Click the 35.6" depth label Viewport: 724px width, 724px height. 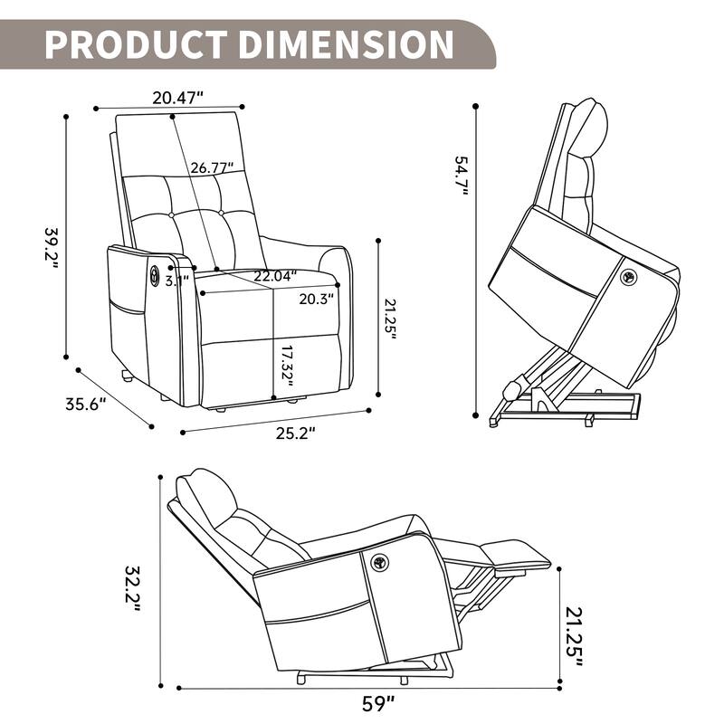point(86,405)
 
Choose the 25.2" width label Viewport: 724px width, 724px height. point(295,433)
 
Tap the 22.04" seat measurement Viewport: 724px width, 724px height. point(274,277)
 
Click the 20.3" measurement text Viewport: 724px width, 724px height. point(317,298)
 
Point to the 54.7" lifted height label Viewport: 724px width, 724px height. point(461,181)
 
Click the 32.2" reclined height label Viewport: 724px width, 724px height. point(133,588)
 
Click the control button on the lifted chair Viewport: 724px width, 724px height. point(626,277)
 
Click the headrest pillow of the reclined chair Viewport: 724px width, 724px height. point(205,493)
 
